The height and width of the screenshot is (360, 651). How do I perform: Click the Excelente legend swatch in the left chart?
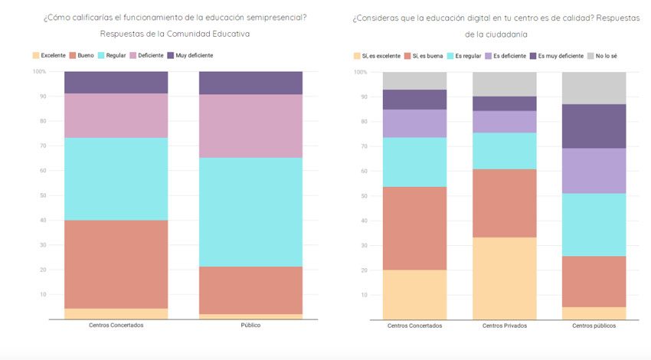pyautogui.click(x=35, y=55)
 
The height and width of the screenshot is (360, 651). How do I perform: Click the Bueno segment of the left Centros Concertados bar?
pyautogui.click(x=116, y=264)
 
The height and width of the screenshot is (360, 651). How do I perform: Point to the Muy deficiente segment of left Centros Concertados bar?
pyautogui.click(x=116, y=83)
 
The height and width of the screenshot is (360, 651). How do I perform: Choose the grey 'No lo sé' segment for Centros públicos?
pyautogui.click(x=594, y=88)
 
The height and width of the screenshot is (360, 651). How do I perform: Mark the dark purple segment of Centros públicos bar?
pyautogui.click(x=594, y=126)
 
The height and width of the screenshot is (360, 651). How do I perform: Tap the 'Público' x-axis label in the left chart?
pyautogui.click(x=250, y=325)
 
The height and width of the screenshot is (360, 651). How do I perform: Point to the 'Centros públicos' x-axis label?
pyautogui.click(x=594, y=326)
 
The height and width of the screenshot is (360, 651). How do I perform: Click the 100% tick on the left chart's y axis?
pyautogui.click(x=39, y=71)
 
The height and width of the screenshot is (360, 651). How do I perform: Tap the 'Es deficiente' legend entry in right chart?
pyautogui.click(x=509, y=56)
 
